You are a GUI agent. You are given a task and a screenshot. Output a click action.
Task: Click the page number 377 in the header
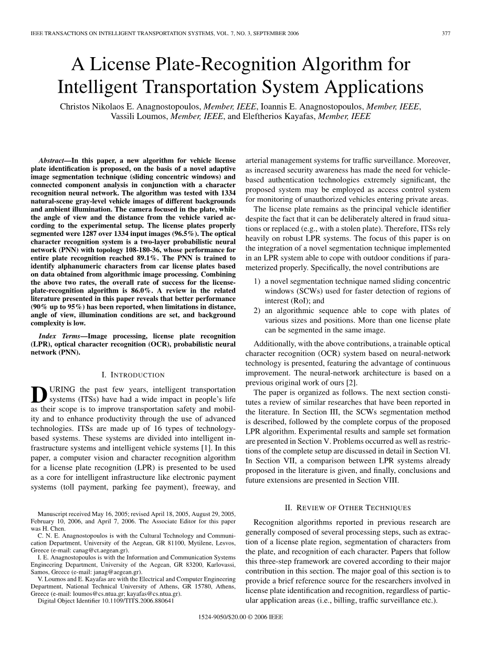click(x=446, y=33)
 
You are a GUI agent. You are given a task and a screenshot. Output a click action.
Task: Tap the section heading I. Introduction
click(x=132, y=375)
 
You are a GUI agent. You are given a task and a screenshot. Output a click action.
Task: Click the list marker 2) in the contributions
click(x=258, y=311)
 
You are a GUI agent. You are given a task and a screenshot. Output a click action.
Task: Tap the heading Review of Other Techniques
click(x=347, y=508)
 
